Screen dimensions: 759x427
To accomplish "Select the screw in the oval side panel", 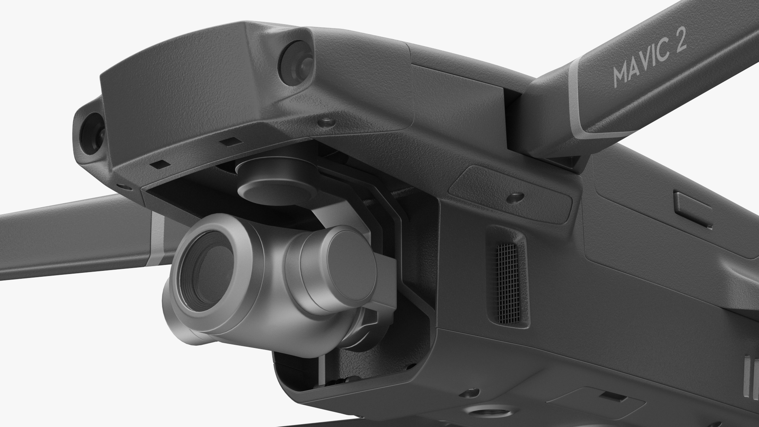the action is (515, 196).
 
